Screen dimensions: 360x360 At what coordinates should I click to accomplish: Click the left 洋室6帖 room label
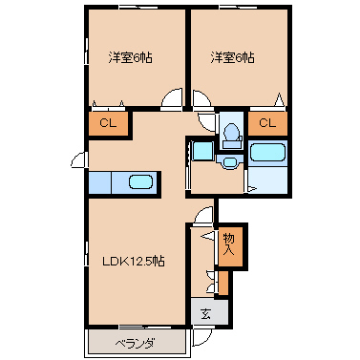(130, 58)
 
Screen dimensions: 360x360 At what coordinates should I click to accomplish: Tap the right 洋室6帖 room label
(232, 58)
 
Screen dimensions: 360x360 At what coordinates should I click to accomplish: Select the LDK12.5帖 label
(134, 262)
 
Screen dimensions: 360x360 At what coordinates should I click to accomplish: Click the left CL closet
(108, 123)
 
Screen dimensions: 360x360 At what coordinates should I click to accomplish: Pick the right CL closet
(267, 123)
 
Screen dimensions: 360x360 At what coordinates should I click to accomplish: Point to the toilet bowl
(231, 131)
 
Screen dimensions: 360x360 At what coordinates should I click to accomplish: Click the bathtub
(267, 153)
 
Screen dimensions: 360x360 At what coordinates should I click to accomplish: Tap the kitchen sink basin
(140, 182)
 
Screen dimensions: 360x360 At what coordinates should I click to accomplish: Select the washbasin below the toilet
(230, 162)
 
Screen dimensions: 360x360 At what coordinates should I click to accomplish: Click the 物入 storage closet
(231, 244)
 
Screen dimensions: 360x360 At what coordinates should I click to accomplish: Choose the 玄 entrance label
(206, 314)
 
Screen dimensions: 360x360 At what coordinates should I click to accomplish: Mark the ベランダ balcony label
(135, 344)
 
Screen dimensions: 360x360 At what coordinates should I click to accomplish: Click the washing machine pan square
(202, 151)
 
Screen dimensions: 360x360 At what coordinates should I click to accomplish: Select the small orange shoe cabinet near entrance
(223, 283)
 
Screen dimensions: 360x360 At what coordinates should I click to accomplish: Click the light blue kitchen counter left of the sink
(99, 182)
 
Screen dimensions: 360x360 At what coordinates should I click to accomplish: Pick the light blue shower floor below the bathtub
(267, 180)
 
